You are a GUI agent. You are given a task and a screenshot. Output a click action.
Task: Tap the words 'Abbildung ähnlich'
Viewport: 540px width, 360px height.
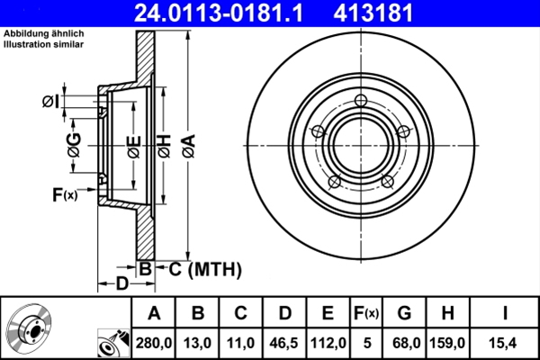pos(42,33)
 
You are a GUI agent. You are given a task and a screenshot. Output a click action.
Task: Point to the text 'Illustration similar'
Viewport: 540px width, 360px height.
pos(43,44)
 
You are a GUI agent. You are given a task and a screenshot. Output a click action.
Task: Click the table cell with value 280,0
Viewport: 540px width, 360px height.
pos(152,342)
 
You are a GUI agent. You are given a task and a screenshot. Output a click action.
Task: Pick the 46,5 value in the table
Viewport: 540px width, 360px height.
pos(283,342)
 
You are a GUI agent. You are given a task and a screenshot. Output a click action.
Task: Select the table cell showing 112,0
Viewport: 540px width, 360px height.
pos(328,342)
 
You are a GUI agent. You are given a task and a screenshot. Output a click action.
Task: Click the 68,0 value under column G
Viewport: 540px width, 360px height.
pos(404,342)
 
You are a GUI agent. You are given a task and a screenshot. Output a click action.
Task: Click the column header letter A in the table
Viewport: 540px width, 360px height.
pos(152,313)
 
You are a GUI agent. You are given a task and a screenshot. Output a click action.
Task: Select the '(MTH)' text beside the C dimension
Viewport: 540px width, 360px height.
pos(216,266)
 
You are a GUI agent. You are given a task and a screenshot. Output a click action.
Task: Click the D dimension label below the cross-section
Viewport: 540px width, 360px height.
pos(121,285)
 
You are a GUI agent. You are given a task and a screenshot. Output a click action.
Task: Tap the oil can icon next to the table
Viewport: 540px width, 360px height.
pos(112,342)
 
